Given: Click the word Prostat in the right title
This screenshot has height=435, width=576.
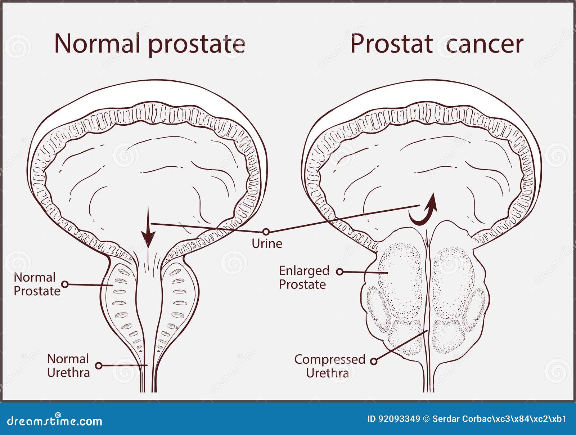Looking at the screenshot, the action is pyautogui.click(x=392, y=44).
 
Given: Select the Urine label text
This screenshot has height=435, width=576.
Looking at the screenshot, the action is pyautogui.click(x=267, y=244).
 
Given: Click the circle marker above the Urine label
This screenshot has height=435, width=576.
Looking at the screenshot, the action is pyautogui.click(x=266, y=232).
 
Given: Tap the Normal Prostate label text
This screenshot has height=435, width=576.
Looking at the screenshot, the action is pyautogui.click(x=37, y=284).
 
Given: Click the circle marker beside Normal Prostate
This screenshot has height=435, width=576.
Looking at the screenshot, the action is pyautogui.click(x=65, y=284).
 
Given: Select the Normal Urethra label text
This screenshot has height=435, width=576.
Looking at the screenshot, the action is pyautogui.click(x=68, y=366).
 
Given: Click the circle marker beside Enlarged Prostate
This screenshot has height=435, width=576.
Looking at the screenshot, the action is pyautogui.click(x=339, y=272).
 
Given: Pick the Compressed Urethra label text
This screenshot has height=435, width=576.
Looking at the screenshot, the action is pyautogui.click(x=330, y=366).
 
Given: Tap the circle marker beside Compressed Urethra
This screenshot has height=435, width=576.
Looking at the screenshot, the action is pyautogui.click(x=374, y=361).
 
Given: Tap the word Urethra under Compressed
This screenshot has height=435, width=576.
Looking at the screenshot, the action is pyautogui.click(x=328, y=373).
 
